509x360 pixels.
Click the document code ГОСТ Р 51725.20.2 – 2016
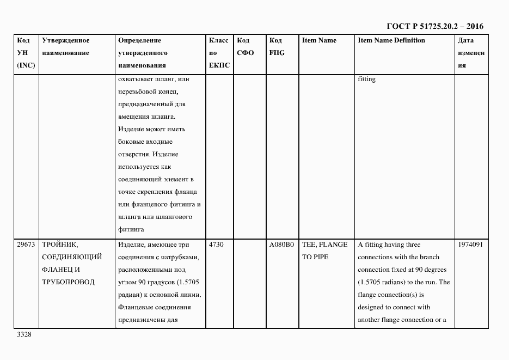(x=435, y=26)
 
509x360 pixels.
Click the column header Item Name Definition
(x=391, y=41)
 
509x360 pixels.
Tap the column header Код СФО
(x=246, y=47)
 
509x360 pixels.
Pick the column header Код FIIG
(x=277, y=47)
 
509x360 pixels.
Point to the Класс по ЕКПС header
(x=219, y=53)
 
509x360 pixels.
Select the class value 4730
(x=216, y=245)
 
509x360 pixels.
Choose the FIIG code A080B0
(x=281, y=245)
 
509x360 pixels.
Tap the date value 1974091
(x=470, y=245)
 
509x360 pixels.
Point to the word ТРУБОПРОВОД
(x=68, y=282)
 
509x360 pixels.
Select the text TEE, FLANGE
(x=324, y=245)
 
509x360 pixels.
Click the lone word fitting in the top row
(x=366, y=80)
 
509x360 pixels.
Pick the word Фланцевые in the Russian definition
(x=133, y=307)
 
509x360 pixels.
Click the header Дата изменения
(x=470, y=53)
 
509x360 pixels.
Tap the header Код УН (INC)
(x=26, y=53)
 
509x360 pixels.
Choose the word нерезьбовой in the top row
(x=136, y=92)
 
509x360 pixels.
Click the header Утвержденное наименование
(x=66, y=47)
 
